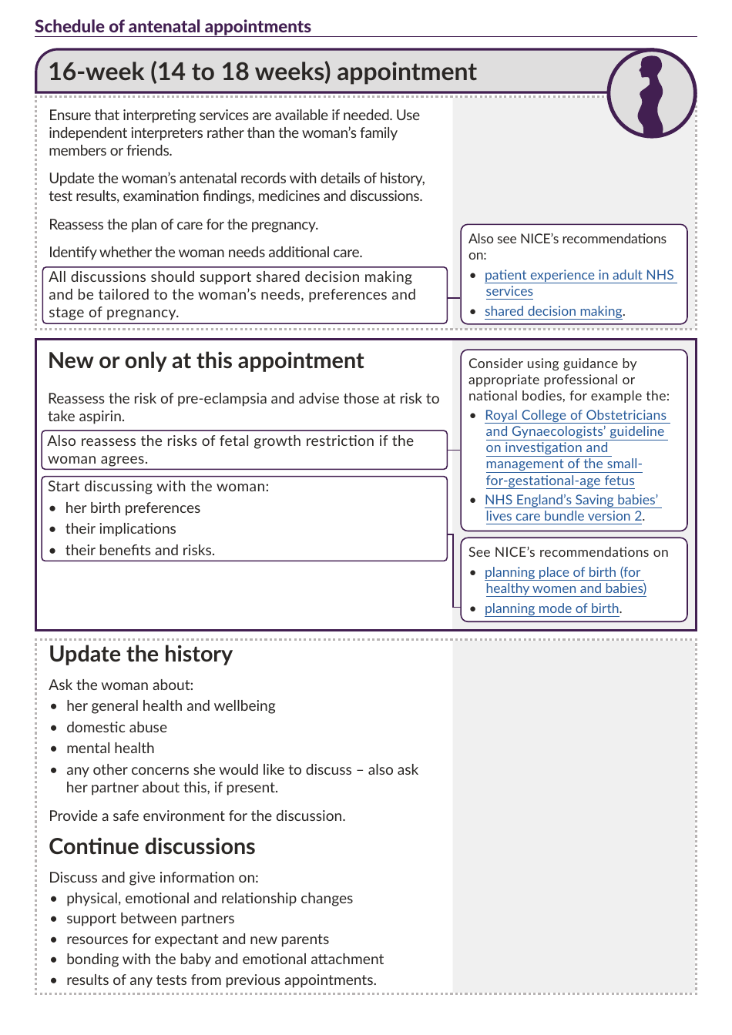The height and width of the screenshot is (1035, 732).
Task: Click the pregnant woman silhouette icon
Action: pos(651,93)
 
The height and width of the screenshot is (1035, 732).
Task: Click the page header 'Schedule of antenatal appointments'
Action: pos(173,26)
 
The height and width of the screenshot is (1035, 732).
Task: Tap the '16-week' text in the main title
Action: pos(96,72)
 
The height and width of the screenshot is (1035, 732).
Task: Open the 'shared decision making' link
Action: pos(553,311)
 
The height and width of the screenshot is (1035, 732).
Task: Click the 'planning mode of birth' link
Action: pos(552,608)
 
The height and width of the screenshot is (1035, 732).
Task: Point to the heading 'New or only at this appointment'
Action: pos(206,361)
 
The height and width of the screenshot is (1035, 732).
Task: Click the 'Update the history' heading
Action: pos(140,655)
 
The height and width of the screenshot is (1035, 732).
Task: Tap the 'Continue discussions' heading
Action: pos(152,847)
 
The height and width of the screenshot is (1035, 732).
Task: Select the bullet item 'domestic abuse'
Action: pos(116,728)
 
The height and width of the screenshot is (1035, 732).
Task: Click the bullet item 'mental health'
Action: pos(110,749)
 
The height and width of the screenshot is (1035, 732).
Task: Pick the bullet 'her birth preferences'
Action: pos(133,508)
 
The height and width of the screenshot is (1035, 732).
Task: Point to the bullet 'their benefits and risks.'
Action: pos(139,551)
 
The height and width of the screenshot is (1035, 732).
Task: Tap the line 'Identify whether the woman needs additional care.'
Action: pos(205,253)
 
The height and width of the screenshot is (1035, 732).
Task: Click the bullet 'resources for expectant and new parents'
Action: pos(197,940)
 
